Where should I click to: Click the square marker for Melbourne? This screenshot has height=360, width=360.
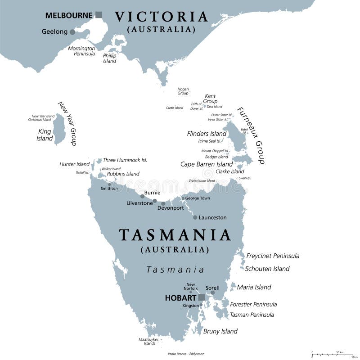[99, 15]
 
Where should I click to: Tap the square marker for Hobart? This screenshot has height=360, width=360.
[202, 297]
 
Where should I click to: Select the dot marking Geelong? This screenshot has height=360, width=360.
[72, 32]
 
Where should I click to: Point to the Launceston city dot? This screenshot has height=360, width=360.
[195, 217]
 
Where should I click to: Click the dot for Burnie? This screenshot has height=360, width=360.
[143, 196]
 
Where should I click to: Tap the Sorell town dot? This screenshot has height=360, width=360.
[212, 293]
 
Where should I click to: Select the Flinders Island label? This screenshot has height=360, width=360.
[207, 134]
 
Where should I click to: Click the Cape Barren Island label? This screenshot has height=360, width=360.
[207, 164]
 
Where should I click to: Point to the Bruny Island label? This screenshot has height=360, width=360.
[220, 331]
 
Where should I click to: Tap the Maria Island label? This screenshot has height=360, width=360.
[254, 287]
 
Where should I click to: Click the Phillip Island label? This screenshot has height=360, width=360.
[110, 58]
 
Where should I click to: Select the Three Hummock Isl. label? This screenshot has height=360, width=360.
[125, 160]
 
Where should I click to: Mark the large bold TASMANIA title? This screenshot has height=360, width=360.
[175, 235]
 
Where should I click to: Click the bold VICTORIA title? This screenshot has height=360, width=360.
[161, 17]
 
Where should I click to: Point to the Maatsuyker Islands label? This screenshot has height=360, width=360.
[147, 341]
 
